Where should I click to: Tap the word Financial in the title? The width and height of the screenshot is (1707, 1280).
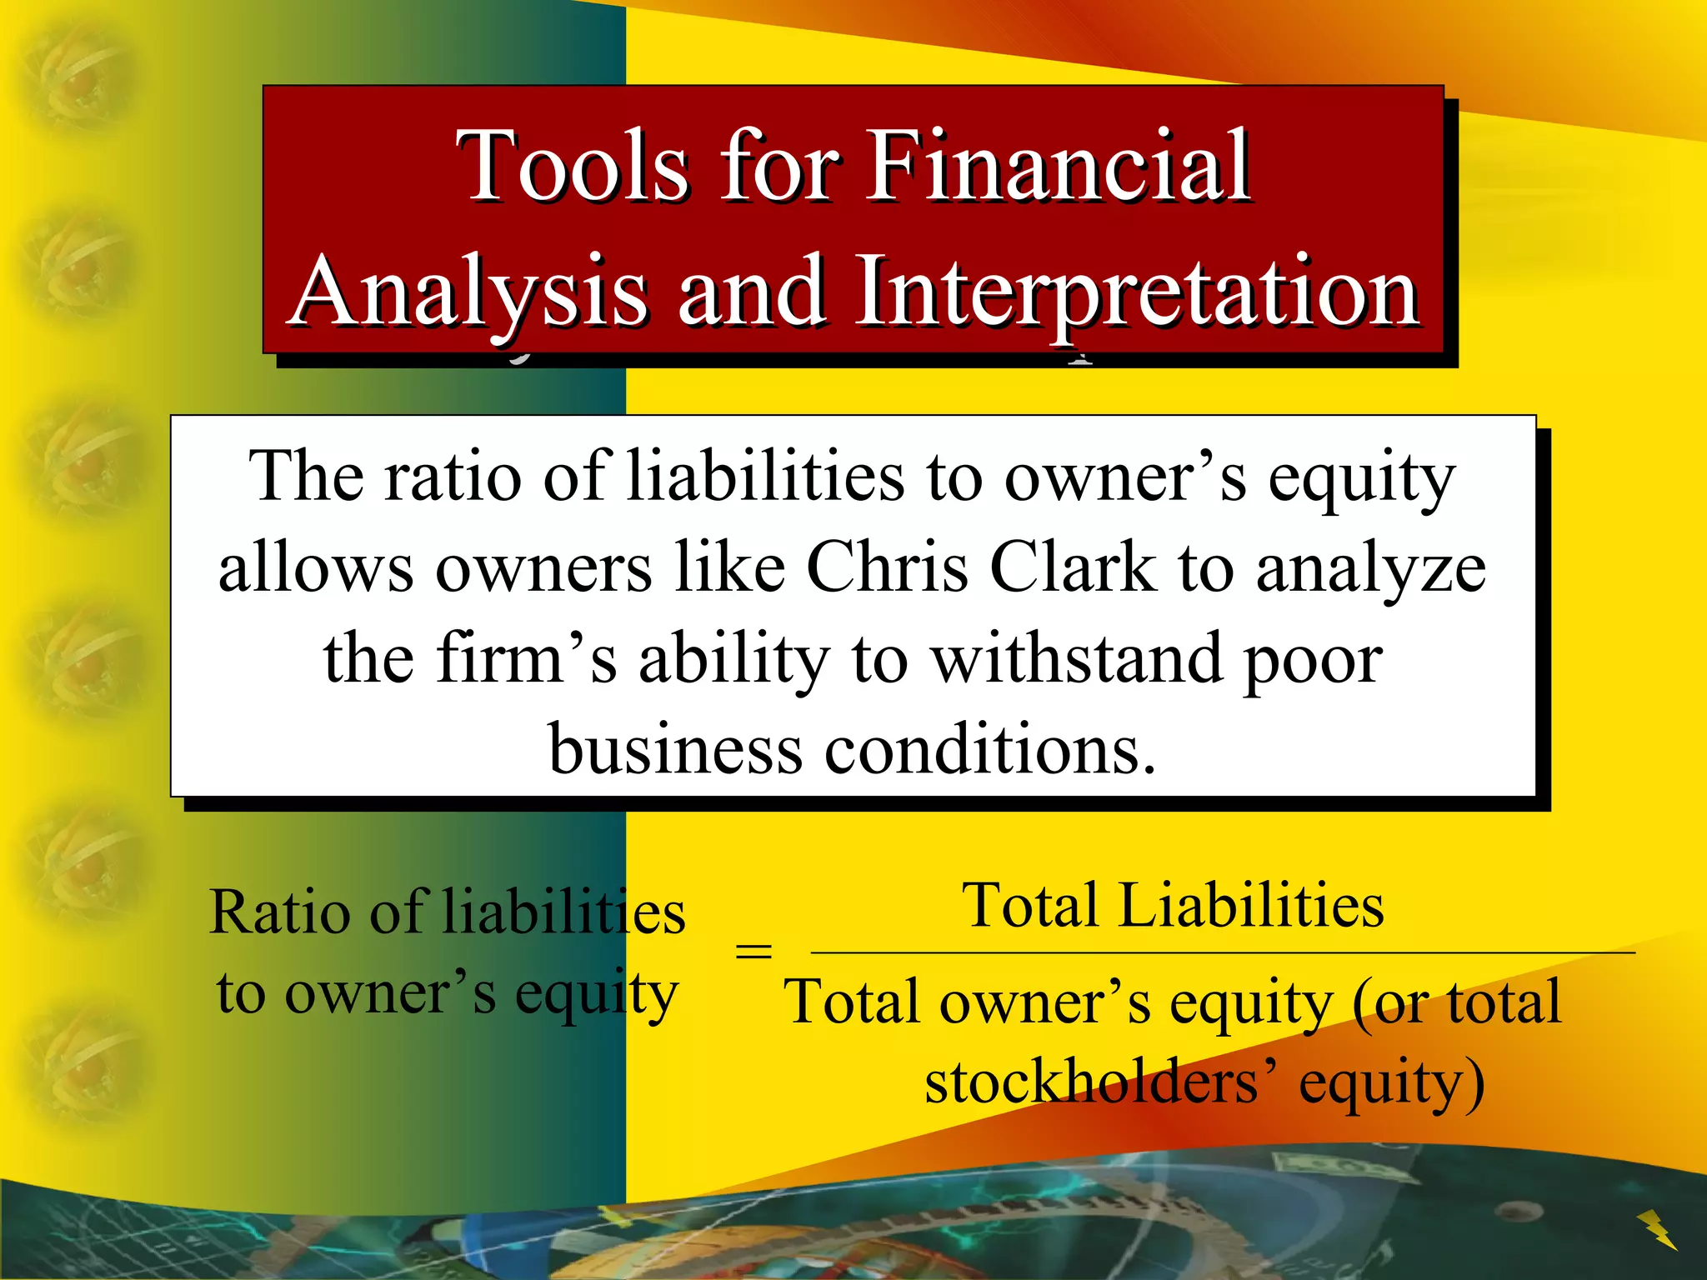coord(1059,167)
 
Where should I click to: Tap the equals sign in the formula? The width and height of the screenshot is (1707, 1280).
coord(753,951)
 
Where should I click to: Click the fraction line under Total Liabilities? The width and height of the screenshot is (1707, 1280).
coord(1222,952)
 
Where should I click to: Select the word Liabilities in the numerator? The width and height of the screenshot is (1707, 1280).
coord(1250,907)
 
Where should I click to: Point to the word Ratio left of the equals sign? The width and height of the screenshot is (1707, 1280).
coord(280,913)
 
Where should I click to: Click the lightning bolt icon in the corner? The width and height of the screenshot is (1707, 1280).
coord(1657,1230)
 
